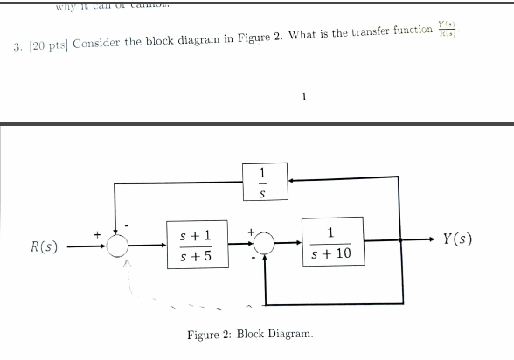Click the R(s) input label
(x=45, y=246)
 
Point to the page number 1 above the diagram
(x=302, y=97)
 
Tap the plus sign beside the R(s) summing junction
(x=99, y=232)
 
